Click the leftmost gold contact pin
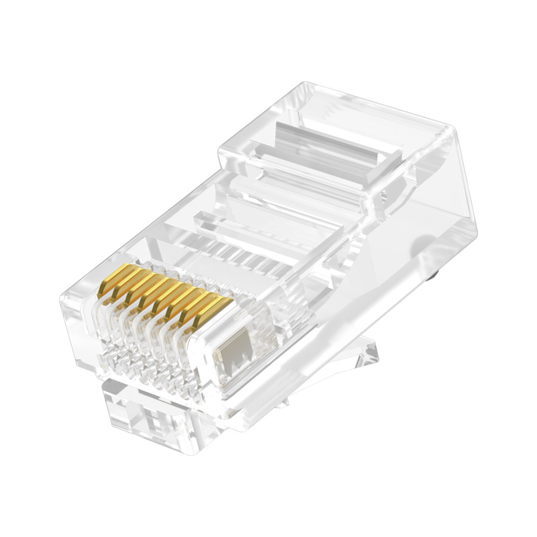tap(110, 283)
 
